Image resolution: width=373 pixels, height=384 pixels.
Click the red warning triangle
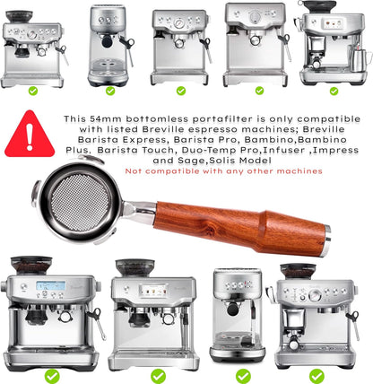pyautogui.click(x=30, y=135)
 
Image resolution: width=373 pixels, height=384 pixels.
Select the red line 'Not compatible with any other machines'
pyautogui.click(x=223, y=171)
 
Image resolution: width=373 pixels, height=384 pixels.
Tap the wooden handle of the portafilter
pyautogui.click(x=239, y=228)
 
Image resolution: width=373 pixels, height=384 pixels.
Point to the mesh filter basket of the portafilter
pyautogui.click(x=81, y=203)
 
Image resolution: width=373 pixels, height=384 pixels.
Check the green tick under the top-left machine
pyautogui.click(x=33, y=91)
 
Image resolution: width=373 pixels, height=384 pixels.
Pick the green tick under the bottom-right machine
pyautogui.click(x=317, y=376)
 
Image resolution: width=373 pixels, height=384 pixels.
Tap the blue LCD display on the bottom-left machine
pyautogui.click(x=50, y=285)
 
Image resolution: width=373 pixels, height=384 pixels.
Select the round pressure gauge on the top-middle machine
pyautogui.click(x=178, y=23)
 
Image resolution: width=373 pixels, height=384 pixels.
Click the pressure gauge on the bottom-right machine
pyautogui.click(x=315, y=295)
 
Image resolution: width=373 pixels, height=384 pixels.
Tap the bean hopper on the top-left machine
pyautogui.click(x=19, y=17)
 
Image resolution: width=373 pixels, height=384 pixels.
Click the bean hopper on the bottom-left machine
pyautogui.click(x=31, y=266)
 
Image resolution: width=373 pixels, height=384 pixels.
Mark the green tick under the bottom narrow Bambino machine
pyautogui.click(x=243, y=376)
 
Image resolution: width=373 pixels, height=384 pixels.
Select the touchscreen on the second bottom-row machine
pyautogui.click(x=154, y=291)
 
